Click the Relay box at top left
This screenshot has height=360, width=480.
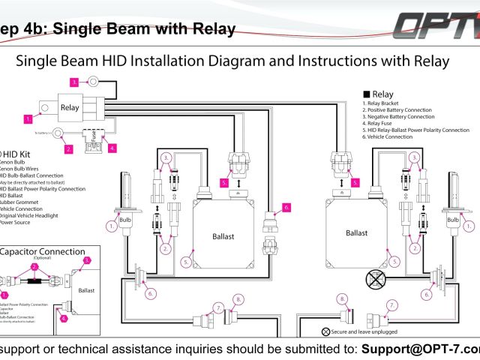pyautogui.click(x=70, y=108)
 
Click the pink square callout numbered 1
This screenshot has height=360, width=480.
pyautogui.click(x=28, y=118)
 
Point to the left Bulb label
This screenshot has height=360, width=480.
pyautogui.click(x=125, y=201)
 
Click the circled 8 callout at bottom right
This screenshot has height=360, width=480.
pyautogui.click(x=342, y=298)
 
